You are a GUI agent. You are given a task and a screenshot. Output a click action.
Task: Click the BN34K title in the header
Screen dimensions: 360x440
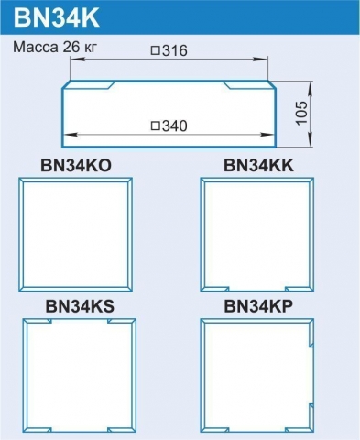coord(57,17)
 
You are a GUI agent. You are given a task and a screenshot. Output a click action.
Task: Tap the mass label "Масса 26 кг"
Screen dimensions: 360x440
coord(55,48)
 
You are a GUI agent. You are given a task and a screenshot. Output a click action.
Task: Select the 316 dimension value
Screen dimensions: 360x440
coord(175,50)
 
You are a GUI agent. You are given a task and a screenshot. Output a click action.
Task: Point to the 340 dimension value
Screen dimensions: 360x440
coord(175,126)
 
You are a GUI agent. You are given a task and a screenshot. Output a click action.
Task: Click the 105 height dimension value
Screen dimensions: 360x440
coord(301,113)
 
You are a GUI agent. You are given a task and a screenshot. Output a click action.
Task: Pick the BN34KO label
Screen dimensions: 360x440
coord(76,166)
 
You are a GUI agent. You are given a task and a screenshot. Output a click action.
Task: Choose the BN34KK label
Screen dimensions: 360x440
coord(258,166)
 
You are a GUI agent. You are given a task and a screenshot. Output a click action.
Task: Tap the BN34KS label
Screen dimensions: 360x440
coord(80,306)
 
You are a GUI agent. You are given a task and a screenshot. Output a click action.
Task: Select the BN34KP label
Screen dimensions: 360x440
coord(258,306)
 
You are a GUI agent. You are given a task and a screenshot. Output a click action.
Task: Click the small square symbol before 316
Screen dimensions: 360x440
coord(156,50)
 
